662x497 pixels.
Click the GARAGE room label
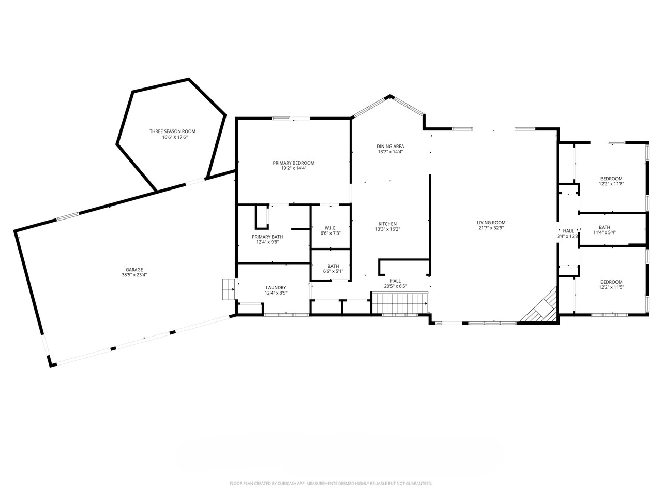tap(134, 269)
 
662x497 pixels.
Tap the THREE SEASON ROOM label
tap(172, 131)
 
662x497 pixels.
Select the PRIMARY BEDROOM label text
tap(293, 163)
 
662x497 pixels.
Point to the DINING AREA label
tap(390, 146)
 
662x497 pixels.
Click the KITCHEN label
tap(387, 224)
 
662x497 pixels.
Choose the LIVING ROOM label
tap(491, 223)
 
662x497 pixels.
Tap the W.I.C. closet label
tap(330, 228)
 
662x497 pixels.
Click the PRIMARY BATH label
tap(267, 237)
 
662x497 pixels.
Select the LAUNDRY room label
tap(276, 287)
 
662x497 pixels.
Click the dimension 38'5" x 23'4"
tap(134, 275)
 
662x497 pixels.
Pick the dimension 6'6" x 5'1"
tap(333, 271)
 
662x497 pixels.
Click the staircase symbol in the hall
tap(400, 303)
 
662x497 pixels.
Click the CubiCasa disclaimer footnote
tap(330, 484)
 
